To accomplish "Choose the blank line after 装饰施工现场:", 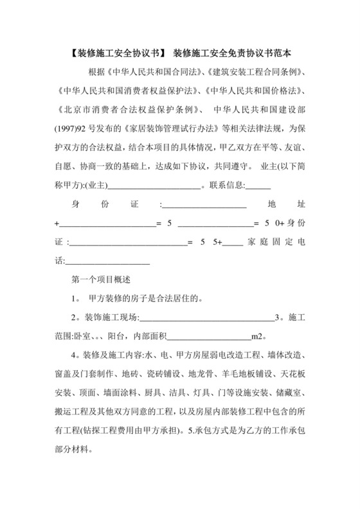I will tap(206, 317).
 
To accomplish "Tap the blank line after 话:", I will tap(108, 261).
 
